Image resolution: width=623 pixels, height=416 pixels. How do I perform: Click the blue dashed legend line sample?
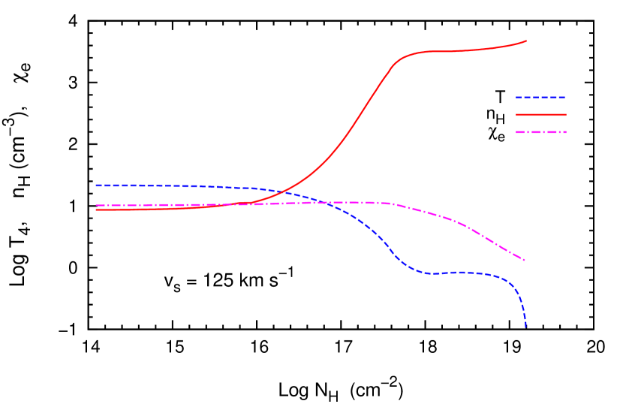[540, 98]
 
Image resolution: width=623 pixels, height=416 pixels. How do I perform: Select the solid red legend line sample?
[540, 115]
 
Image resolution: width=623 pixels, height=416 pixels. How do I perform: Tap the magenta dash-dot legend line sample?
[540, 132]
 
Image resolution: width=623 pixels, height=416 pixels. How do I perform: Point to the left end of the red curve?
[97, 210]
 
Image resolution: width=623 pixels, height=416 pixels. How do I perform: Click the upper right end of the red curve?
[525, 41]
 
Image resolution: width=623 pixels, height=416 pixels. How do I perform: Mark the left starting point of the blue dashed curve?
[97, 185]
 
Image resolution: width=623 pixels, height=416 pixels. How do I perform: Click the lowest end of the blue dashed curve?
[525, 327]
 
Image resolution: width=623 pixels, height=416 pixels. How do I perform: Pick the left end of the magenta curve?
[97, 205]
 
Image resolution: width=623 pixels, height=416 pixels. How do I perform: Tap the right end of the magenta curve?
[525, 260]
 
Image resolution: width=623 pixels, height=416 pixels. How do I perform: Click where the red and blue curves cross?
[282, 192]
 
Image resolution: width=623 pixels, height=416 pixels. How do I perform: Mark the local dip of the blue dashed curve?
[432, 273]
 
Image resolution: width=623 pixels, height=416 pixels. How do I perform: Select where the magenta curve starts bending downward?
[394, 204]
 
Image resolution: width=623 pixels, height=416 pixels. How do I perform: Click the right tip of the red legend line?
[566, 115]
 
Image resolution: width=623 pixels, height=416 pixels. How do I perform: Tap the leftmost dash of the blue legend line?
[519, 98]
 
